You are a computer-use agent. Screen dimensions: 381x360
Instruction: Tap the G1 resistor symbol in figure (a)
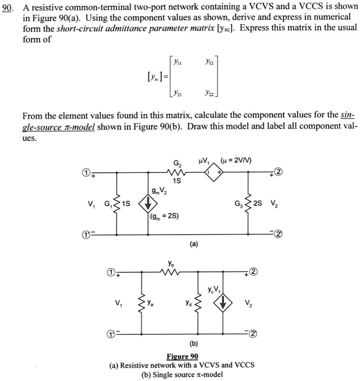pos(118,204)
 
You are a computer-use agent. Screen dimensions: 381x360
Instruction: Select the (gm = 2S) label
pos(164,216)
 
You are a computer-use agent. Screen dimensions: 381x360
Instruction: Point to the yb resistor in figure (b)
pos(170,271)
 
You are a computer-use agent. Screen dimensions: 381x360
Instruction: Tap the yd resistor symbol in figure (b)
pos(198,304)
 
